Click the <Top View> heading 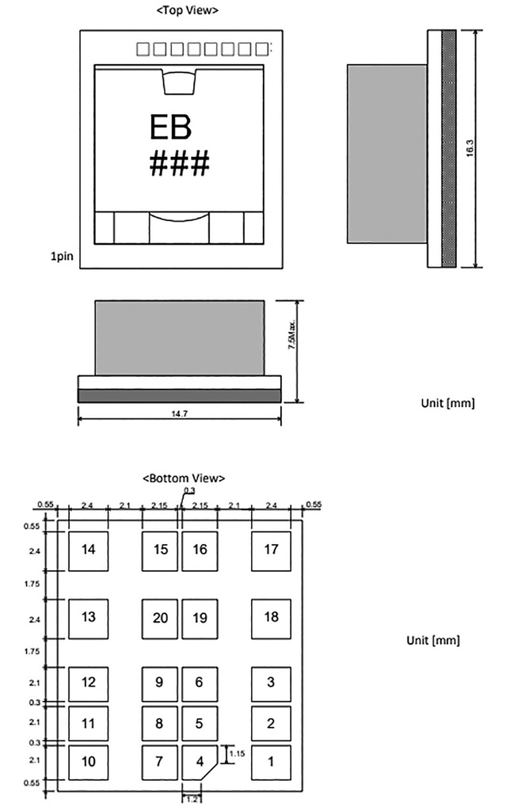pyautogui.click(x=187, y=10)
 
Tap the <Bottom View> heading pyautogui.click(x=185, y=478)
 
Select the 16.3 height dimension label pyautogui.click(x=470, y=148)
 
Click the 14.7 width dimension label pyautogui.click(x=179, y=413)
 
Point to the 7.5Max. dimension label pyautogui.click(x=291, y=333)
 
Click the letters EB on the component pyautogui.click(x=170, y=128)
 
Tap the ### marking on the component pyautogui.click(x=180, y=163)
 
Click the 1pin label pyautogui.click(x=62, y=256)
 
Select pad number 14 pyautogui.click(x=89, y=551)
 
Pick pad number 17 pyautogui.click(x=271, y=551)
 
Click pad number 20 pyautogui.click(x=160, y=619)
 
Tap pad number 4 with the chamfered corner pyautogui.click(x=200, y=763)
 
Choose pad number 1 pyautogui.click(x=271, y=763)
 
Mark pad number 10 pyautogui.click(x=89, y=763)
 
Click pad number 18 pyautogui.click(x=271, y=619)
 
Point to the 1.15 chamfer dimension pyautogui.click(x=237, y=754)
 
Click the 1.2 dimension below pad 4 pyautogui.click(x=192, y=799)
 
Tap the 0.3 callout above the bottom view pyautogui.click(x=190, y=490)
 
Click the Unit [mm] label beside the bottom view pyautogui.click(x=433, y=640)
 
